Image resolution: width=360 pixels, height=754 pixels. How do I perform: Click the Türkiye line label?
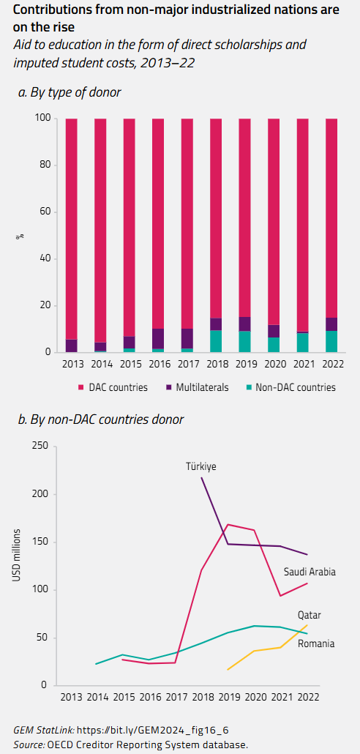pyautogui.click(x=200, y=466)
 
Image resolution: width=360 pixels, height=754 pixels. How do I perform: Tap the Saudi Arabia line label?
pyautogui.click(x=310, y=572)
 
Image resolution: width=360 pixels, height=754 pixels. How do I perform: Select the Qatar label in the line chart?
pyautogui.click(x=309, y=615)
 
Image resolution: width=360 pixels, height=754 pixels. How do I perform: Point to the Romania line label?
pyautogui.click(x=315, y=643)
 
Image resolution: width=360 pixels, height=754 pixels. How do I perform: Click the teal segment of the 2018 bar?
pyautogui.click(x=216, y=341)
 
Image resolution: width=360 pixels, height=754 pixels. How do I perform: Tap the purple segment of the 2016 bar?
pyautogui.click(x=158, y=339)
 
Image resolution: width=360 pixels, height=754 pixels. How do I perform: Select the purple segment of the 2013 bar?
pyautogui.click(x=72, y=346)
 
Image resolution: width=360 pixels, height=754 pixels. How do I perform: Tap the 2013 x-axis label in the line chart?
pyautogui.click(x=71, y=698)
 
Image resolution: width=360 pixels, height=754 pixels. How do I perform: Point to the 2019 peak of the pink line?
pyautogui.click(x=229, y=524)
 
